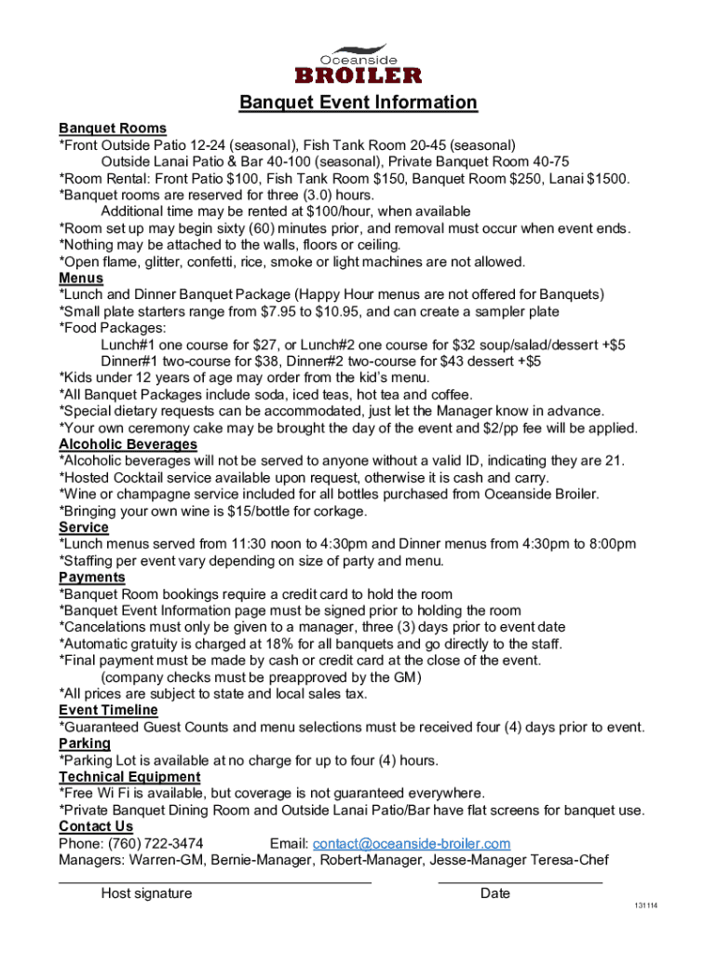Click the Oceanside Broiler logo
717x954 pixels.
358,62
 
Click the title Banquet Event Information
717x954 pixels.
358,102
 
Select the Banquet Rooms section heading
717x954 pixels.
113,129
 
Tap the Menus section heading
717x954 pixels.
81,279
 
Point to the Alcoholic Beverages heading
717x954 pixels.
128,445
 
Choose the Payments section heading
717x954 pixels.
92,578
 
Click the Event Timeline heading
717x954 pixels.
108,711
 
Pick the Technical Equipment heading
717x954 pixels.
129,777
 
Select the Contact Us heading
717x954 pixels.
96,827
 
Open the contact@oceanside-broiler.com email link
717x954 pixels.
412,844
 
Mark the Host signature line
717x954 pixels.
215,879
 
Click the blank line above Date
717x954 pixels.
520,879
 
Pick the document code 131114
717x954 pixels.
645,906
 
